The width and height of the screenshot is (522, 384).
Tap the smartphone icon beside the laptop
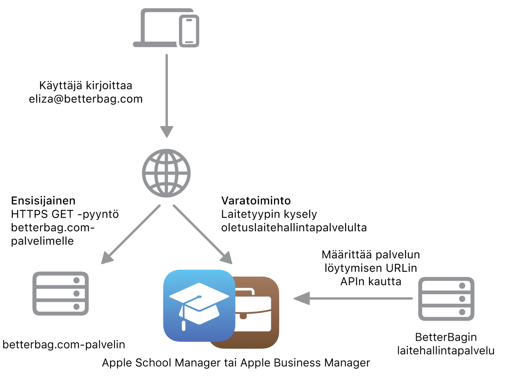point(189,31)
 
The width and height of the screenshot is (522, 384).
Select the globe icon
point(166,173)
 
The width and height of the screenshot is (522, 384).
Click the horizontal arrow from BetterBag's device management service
point(353,298)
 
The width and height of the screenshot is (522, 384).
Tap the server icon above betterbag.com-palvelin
point(60,293)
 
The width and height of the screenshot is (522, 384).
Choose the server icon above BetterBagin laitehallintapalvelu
point(446,299)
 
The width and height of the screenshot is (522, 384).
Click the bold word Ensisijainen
point(43,200)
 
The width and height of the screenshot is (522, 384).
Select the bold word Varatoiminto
point(256,200)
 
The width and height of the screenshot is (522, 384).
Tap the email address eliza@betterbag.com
point(86,99)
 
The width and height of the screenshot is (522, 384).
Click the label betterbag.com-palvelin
point(64,345)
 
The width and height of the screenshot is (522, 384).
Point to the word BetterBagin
point(446,337)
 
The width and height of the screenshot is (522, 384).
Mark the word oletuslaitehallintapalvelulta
point(294,228)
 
